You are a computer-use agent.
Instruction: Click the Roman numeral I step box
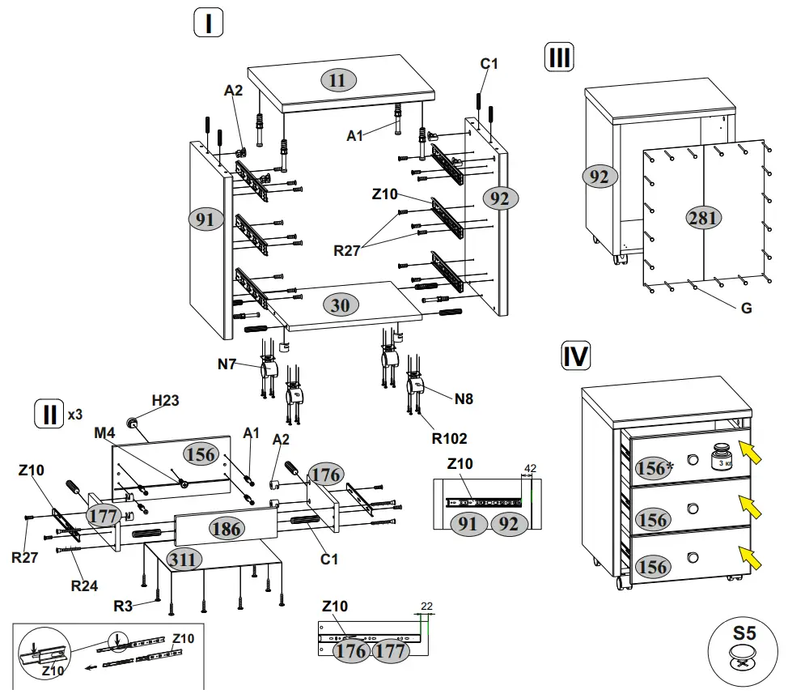click(208, 23)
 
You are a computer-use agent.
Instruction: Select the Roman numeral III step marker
click(560, 58)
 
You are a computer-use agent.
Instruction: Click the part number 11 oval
click(337, 79)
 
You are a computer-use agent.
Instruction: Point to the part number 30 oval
click(341, 304)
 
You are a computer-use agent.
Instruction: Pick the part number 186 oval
click(226, 528)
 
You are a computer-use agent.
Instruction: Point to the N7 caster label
click(227, 364)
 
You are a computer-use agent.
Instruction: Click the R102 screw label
click(449, 439)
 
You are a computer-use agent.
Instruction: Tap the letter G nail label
click(746, 309)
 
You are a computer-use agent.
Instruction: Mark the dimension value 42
click(531, 468)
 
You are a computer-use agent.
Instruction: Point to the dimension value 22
click(426, 605)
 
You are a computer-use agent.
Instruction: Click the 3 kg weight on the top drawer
click(722, 458)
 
